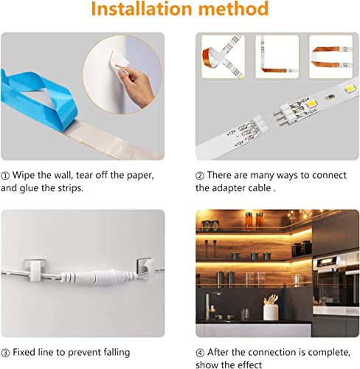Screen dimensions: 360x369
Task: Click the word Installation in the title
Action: [142, 9]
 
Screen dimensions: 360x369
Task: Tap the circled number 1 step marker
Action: [5, 176]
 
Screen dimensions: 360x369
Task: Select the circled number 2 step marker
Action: [200, 176]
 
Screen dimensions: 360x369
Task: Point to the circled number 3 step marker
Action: [5, 353]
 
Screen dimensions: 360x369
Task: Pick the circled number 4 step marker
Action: [200, 353]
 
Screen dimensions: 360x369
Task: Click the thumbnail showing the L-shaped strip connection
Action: [277, 57]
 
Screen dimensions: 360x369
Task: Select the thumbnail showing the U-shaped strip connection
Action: [331, 57]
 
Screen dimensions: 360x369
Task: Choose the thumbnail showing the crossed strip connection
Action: [224, 57]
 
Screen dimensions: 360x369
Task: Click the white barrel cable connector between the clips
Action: [98, 277]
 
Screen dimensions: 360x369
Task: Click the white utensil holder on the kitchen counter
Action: [271, 312]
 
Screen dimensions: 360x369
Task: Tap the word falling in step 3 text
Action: [117, 353]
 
